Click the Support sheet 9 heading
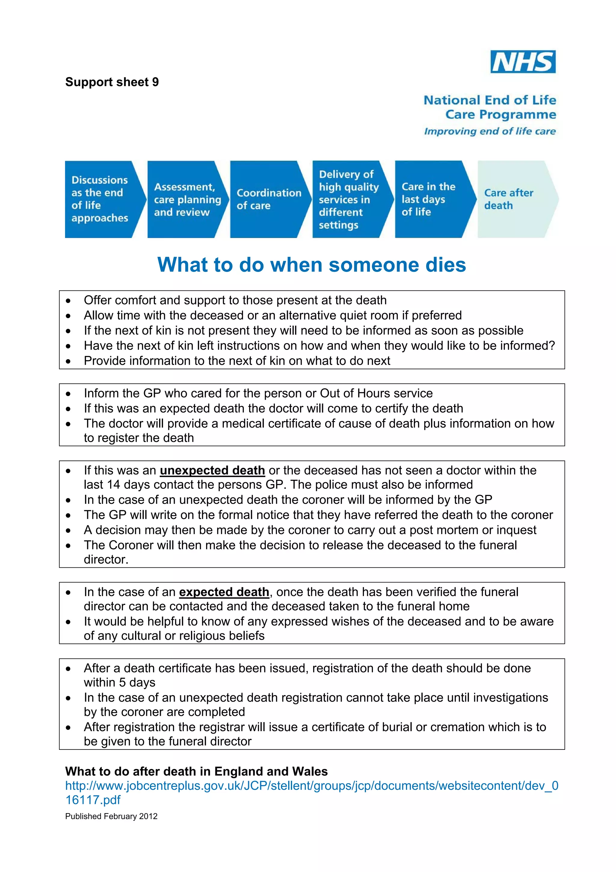tap(112, 82)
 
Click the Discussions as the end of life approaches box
tap(100, 199)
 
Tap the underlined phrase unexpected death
tap(212, 470)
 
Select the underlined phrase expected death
tap(224, 592)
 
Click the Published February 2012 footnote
tap(111, 816)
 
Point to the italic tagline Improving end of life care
tap(490, 132)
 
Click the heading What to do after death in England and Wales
tap(196, 771)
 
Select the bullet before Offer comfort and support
tap(68, 301)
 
